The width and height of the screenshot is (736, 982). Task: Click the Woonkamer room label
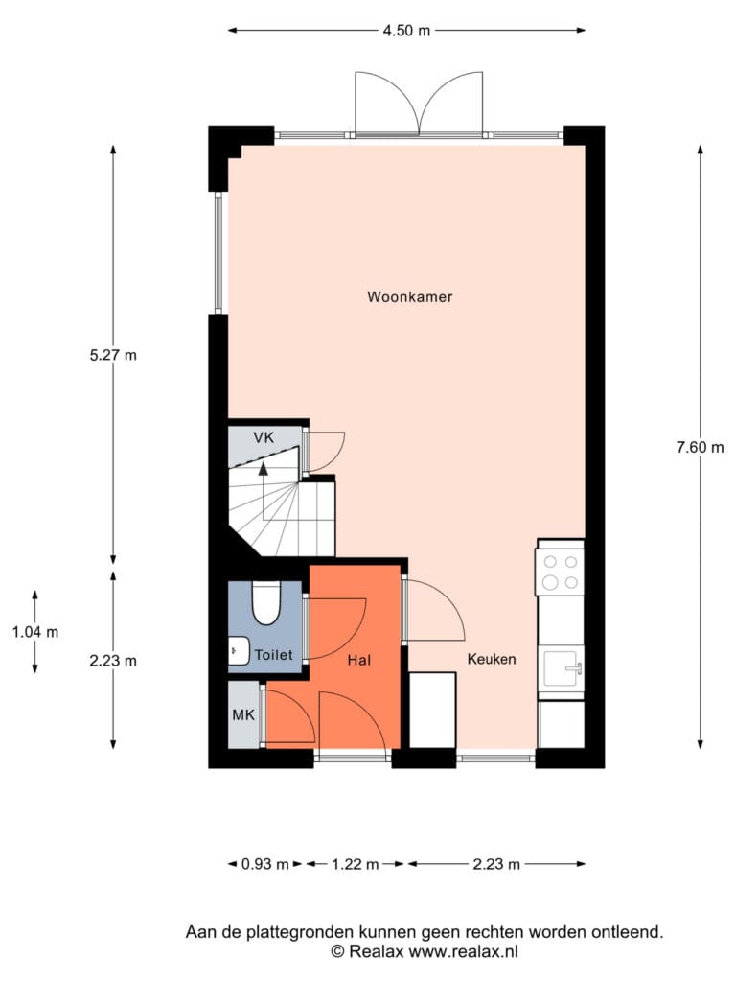click(410, 297)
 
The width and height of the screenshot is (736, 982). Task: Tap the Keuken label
click(492, 659)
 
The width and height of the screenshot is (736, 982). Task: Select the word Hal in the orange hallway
click(359, 660)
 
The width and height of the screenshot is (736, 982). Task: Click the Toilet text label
click(274, 655)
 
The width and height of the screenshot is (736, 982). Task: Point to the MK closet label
click(243, 714)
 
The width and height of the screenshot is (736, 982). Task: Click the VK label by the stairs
click(264, 437)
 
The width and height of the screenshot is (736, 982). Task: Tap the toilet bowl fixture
click(265, 603)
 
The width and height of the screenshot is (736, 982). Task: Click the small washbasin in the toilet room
click(239, 650)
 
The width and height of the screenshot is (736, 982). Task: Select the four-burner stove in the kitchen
click(560, 573)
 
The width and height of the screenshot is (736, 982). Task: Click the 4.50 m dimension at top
click(406, 30)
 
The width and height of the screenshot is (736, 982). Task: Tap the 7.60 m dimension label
click(701, 447)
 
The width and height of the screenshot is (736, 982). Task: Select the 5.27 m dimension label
click(113, 355)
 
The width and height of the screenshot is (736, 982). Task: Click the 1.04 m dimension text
click(35, 633)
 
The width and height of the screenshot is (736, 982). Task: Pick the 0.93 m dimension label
click(265, 864)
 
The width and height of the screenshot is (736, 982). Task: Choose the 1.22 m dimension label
click(356, 864)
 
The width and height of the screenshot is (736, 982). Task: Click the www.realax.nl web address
click(463, 952)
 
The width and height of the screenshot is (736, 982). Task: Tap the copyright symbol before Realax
click(338, 952)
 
